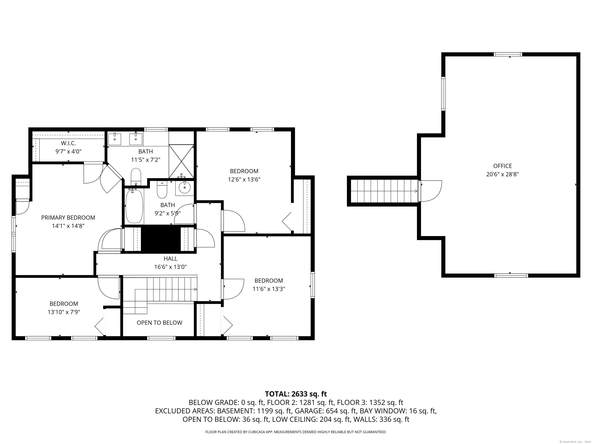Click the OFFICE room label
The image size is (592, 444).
(x=502, y=166)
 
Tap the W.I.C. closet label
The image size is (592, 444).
(x=68, y=143)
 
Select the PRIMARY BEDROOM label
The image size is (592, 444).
(x=68, y=218)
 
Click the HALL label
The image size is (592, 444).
(x=171, y=259)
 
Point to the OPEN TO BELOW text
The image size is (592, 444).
(x=160, y=323)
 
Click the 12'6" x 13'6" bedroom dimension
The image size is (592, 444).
(x=244, y=179)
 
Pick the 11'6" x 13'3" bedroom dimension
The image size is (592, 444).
(x=269, y=289)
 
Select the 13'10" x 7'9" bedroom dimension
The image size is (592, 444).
(x=64, y=312)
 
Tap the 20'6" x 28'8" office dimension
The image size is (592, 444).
(x=502, y=174)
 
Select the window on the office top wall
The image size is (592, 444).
(x=508, y=54)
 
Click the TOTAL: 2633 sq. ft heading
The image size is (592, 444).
(x=296, y=394)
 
